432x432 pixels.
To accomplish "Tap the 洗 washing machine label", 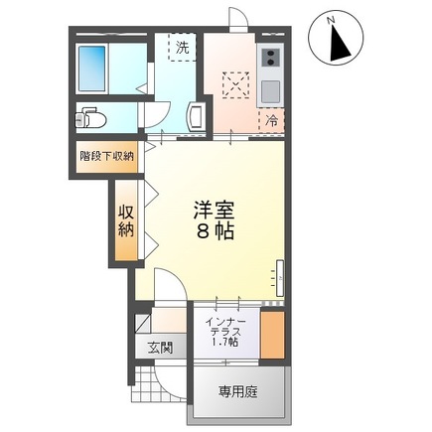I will coord(182,46).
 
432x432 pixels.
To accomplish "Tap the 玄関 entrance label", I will coord(161,347).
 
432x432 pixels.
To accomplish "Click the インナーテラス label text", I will coord(226,328).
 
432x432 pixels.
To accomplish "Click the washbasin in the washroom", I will coord(197,117).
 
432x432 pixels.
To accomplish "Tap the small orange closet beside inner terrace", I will coord(273,334).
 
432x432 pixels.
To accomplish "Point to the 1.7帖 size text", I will coord(226,344).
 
